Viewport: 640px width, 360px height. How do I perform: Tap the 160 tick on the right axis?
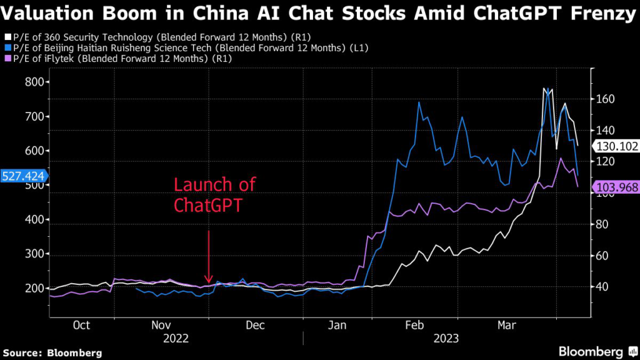[x=606, y=99]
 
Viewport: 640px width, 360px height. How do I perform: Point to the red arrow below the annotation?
[x=209, y=256]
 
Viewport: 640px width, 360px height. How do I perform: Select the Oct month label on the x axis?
[x=81, y=326]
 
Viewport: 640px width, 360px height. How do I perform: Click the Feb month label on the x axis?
[x=414, y=326]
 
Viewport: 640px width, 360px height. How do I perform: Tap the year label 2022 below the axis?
[x=177, y=338]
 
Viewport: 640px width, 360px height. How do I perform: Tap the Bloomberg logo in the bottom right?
[x=591, y=351]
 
